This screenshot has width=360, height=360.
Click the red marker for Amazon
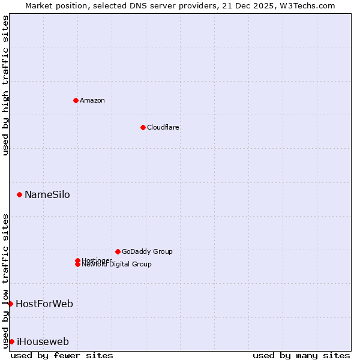[76, 100]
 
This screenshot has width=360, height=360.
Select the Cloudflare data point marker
[143, 127]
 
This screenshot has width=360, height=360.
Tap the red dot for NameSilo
[20, 194]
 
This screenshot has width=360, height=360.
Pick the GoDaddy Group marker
[118, 251]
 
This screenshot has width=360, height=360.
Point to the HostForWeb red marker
[11, 304]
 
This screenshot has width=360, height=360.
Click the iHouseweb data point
[12, 341]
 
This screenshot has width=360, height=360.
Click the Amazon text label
[92, 100]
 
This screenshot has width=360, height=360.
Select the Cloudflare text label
[163, 127]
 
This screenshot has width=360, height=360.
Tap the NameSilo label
[47, 194]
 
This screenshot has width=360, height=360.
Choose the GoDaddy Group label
[147, 251]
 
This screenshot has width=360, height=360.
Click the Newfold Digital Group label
[116, 265]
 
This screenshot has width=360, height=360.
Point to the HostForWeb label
[44, 304]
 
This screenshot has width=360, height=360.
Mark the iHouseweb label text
[43, 341]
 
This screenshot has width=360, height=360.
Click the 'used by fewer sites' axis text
[62, 355]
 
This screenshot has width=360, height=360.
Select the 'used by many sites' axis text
[301, 355]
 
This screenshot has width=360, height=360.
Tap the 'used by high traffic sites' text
[6, 86]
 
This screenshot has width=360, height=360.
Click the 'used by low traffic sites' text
[6, 280]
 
